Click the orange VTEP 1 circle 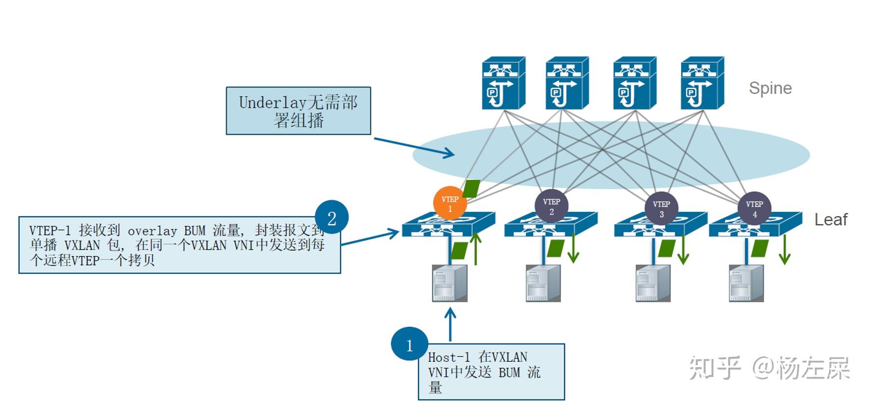click(450, 203)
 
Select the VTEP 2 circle click(551, 206)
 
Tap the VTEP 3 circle click(661, 208)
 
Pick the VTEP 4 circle click(754, 208)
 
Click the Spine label click(770, 88)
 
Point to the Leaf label click(831, 219)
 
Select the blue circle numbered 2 click(331, 217)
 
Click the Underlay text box click(298, 111)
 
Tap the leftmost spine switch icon click(503, 83)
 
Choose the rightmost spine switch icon click(702, 83)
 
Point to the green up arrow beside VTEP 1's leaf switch click(475, 248)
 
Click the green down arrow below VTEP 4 click(785, 250)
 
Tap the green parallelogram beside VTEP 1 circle click(471, 189)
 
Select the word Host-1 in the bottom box click(449, 357)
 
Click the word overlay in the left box click(152, 230)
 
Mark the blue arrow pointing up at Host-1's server click(450, 323)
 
